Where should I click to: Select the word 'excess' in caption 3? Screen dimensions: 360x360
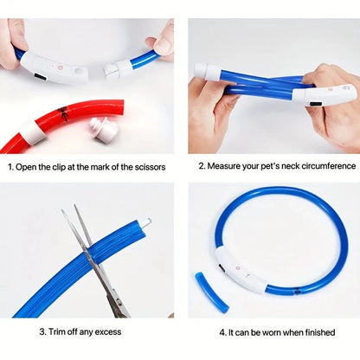tap(108, 331)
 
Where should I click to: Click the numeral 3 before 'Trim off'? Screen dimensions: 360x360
tap(41, 331)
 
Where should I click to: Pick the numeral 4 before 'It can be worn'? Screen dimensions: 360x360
tap(222, 331)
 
